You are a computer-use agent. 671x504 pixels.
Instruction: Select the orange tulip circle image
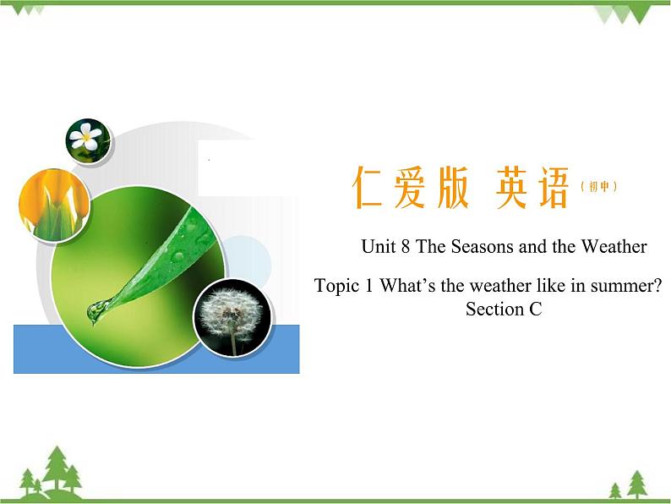(53, 203)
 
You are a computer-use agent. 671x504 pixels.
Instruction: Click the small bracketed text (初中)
(599, 187)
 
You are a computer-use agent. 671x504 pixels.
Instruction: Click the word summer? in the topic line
(625, 286)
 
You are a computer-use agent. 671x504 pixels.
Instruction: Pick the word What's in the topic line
(409, 286)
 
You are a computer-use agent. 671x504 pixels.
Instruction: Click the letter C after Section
(535, 310)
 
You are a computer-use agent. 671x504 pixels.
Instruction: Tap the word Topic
(336, 286)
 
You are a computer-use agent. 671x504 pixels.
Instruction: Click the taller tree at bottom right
(637, 484)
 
